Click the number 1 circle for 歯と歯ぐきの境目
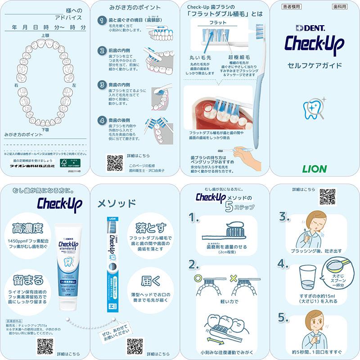coord(102,21)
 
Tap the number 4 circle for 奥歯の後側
coord(102,121)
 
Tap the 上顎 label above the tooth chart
coord(45,35)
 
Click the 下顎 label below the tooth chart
coord(45,130)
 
